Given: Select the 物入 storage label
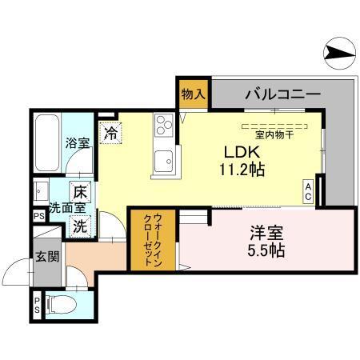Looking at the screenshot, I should tap(193, 94).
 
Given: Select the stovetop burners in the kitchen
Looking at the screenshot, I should tap(164, 125).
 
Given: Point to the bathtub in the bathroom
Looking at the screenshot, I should tap(46, 140).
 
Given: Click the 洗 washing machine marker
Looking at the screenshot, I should tap(80, 226).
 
